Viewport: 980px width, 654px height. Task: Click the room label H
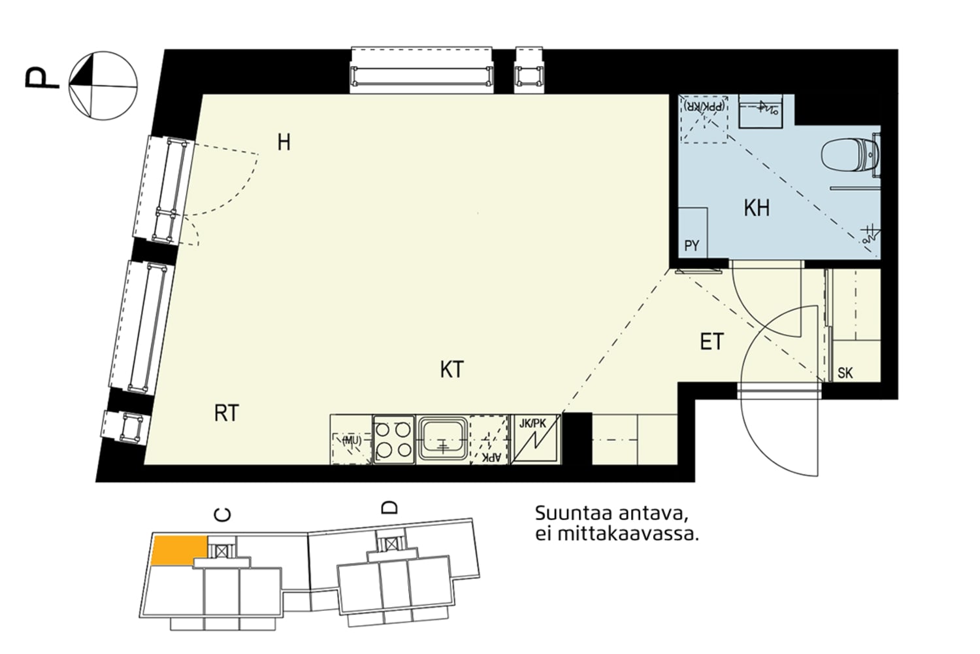(284, 142)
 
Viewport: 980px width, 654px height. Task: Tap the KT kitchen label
(451, 370)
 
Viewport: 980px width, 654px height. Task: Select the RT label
(227, 413)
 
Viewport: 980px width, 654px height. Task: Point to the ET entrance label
(711, 341)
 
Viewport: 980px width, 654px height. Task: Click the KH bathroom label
(757, 208)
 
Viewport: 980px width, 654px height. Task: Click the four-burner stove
(393, 439)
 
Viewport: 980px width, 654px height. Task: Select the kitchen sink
(443, 439)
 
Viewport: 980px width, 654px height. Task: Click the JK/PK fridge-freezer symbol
(535, 439)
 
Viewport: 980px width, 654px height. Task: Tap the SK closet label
(845, 373)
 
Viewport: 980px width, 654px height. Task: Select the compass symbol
(103, 85)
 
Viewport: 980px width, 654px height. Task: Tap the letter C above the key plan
(223, 515)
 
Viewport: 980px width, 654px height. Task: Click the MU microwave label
(351, 440)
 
